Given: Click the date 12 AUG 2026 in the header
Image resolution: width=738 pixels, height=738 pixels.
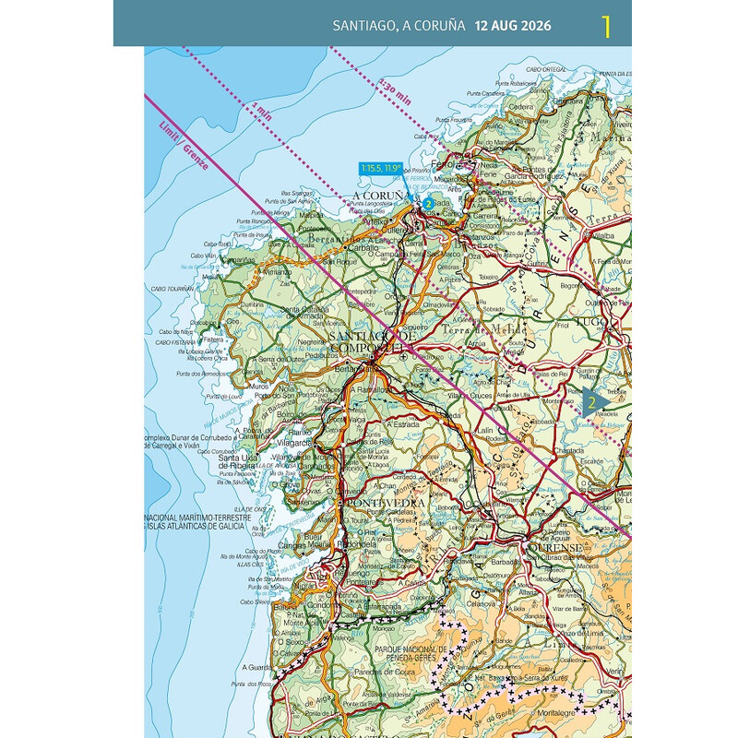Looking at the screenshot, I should coord(513,25).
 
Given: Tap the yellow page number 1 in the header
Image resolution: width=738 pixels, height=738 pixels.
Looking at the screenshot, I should coord(605,26).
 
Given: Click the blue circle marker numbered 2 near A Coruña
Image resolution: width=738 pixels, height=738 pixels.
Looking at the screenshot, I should coord(428,203).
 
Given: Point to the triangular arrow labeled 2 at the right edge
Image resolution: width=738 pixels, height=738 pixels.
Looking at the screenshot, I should coord(595,401).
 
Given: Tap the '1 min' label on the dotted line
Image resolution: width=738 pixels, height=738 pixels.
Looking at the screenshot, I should coord(262,113).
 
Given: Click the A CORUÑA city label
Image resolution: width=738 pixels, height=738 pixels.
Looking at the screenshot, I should coord(379,196).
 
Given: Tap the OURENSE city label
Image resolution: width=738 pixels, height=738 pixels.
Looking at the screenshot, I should coord(556,547).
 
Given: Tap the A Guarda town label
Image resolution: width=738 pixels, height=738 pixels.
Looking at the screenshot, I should coord(256,666).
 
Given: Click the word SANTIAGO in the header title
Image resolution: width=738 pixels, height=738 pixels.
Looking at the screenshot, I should coord(364,25).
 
